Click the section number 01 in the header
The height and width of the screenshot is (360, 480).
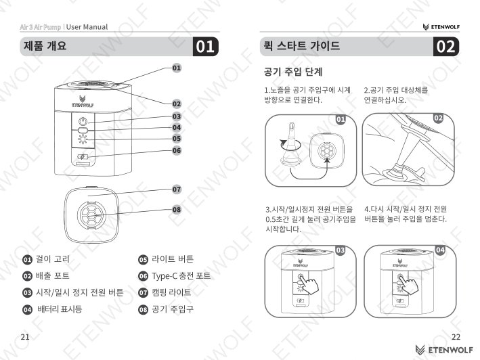[x=205, y=47]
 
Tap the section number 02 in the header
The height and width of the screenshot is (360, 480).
[x=446, y=47]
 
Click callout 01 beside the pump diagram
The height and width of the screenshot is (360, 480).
[x=177, y=68]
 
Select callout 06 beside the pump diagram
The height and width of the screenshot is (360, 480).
[x=177, y=150]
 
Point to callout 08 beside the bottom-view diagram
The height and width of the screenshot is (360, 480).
[x=177, y=210]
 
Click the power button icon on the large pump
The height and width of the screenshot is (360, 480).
[x=83, y=121]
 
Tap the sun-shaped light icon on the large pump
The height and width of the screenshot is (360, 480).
[x=83, y=139]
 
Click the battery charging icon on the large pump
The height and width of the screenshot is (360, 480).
[x=83, y=157]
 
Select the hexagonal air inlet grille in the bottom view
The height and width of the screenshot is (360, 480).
[x=91, y=215]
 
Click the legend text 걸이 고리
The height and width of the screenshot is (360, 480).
[x=53, y=259]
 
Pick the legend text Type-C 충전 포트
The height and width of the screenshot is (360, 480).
[x=181, y=276]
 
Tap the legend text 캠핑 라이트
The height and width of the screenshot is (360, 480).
[x=171, y=292]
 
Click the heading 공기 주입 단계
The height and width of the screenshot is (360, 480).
[x=293, y=72]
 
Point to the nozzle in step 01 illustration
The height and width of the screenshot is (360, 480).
[x=290, y=143]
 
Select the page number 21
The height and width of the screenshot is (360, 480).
[x=25, y=337]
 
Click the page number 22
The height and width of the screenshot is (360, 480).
[x=456, y=337]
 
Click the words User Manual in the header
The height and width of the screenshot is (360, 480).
[x=87, y=27]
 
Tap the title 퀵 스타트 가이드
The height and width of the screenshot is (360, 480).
[x=301, y=46]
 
